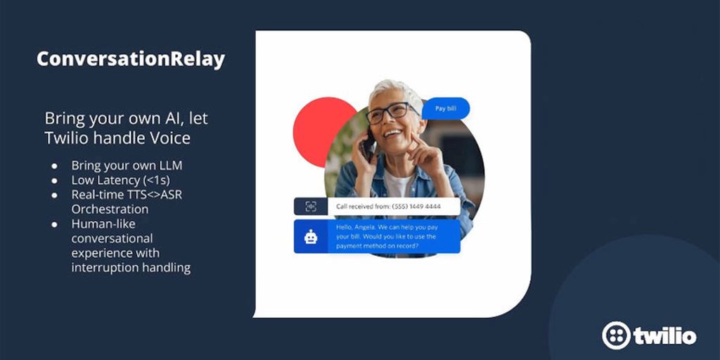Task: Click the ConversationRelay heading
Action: pos(131,60)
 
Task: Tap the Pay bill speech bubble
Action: pos(445,108)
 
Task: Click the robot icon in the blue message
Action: pos(311,236)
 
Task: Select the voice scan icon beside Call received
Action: pos(311,207)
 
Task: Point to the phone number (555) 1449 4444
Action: pos(416,207)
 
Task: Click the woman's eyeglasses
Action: pos(391,112)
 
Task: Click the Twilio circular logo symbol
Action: pos(616,335)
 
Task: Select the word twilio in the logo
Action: pos(665,336)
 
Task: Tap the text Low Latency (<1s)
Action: pos(121,180)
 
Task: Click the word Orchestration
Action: pos(110,209)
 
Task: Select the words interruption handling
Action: pos(131,268)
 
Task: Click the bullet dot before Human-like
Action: pos(55,224)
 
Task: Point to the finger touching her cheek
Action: pos(416,139)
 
